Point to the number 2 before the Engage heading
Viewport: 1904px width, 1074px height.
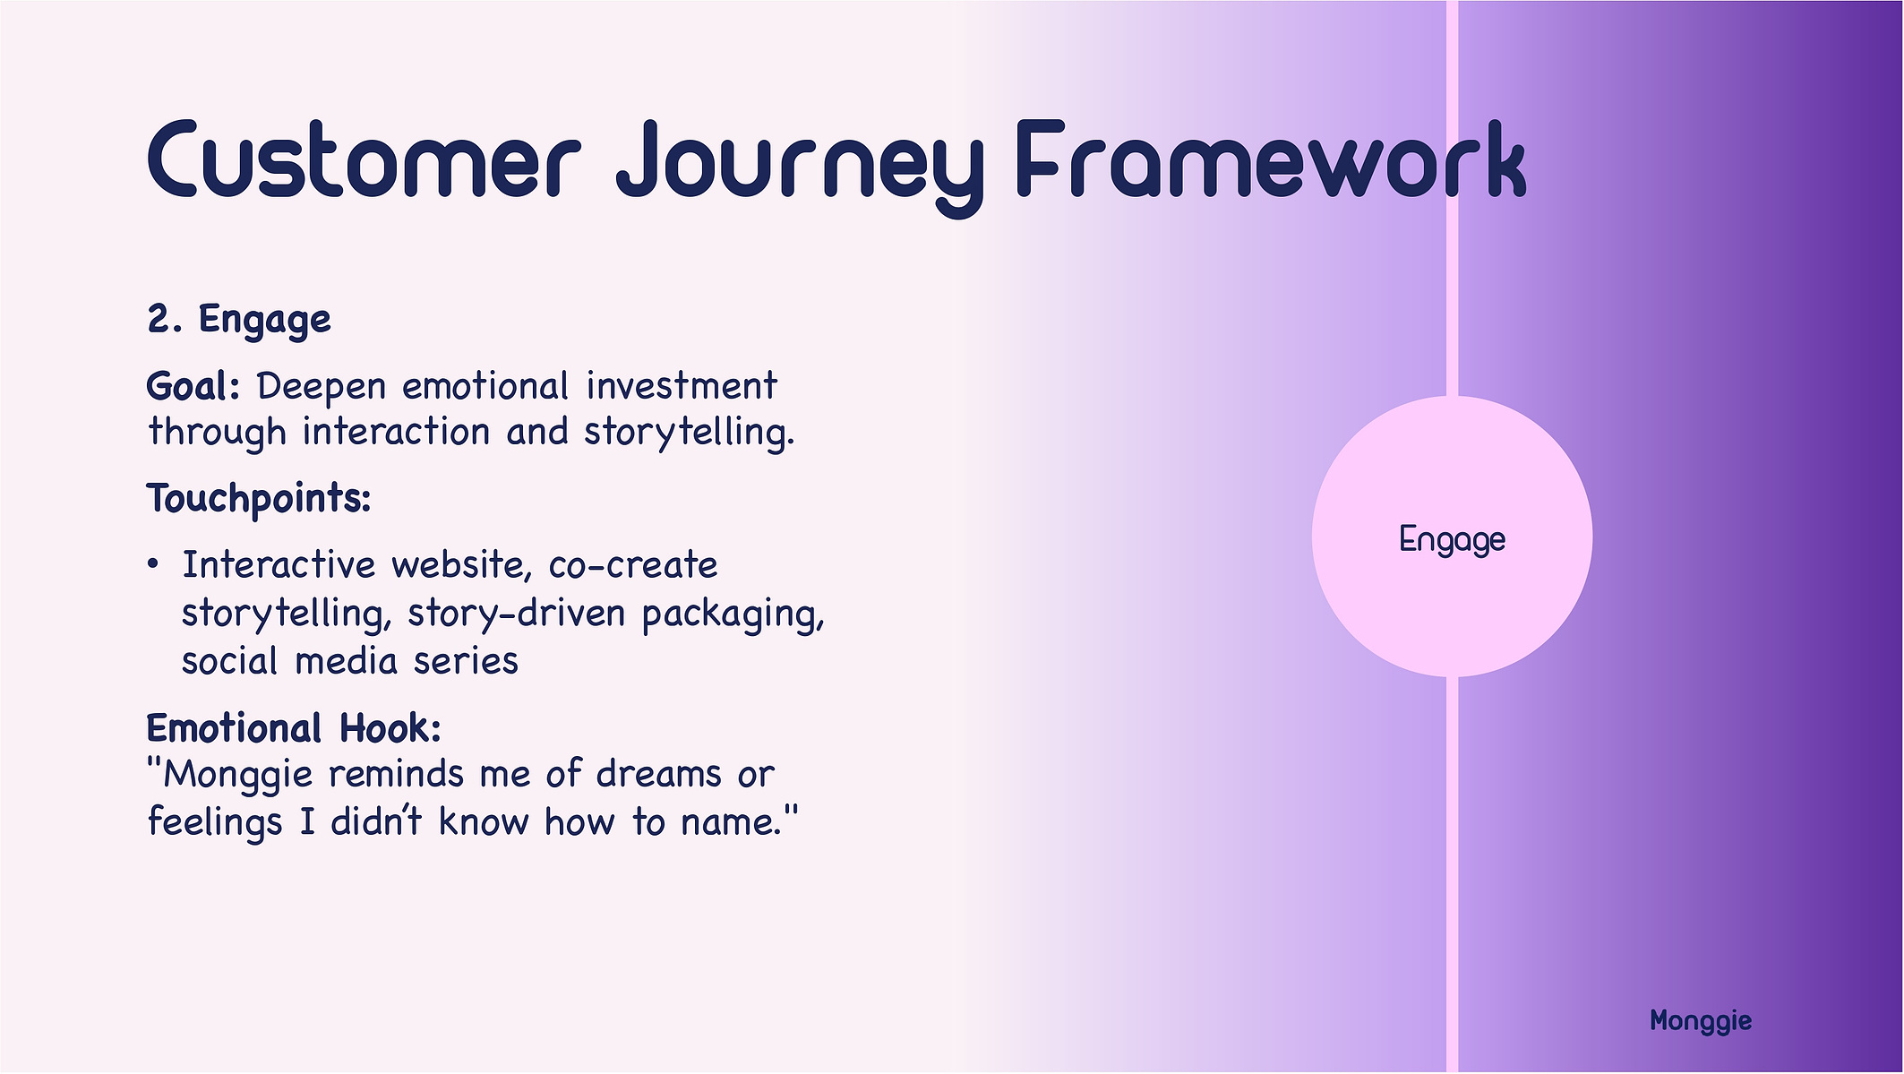[159, 319]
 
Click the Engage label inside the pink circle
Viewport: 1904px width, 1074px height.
[1452, 540]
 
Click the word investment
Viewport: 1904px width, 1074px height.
[682, 386]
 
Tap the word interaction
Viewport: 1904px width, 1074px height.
[396, 432]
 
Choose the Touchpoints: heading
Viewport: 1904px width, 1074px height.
[259, 499]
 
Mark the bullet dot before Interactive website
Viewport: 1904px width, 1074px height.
[153, 564]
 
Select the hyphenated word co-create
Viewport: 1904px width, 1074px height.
[633, 565]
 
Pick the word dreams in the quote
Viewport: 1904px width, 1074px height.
[659, 774]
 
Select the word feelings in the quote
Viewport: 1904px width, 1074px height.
[215, 822]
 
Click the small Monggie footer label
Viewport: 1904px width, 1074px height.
[1701, 1021]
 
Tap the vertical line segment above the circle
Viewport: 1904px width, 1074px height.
[1452, 198]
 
